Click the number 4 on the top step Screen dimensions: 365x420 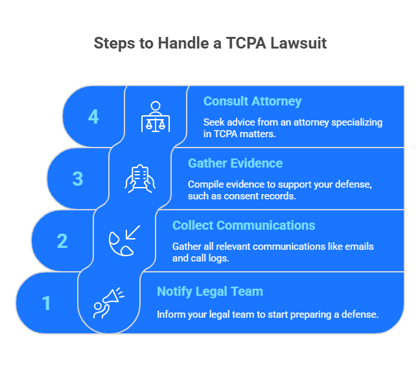(x=94, y=116)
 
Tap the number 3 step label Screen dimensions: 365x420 (x=78, y=179)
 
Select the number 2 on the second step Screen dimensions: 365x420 (x=62, y=241)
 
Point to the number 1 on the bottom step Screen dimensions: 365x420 (x=47, y=303)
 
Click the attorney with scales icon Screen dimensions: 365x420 (x=155, y=116)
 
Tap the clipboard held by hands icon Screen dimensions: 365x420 (x=139, y=179)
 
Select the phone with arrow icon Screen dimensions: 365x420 (x=124, y=241)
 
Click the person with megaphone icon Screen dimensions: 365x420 (x=108, y=303)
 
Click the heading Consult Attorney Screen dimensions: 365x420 (x=252, y=102)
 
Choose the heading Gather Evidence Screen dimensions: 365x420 (x=235, y=163)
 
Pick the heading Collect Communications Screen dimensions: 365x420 (x=244, y=225)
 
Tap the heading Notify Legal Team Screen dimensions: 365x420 (x=210, y=291)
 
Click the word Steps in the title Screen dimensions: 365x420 (x=113, y=44)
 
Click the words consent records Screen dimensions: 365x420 (x=264, y=195)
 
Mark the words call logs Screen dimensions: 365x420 (x=211, y=257)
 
